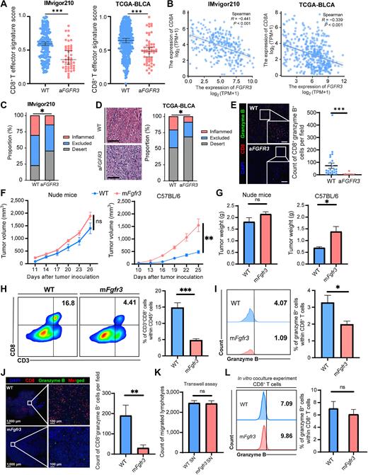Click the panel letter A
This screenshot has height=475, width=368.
click(x=6, y=6)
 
